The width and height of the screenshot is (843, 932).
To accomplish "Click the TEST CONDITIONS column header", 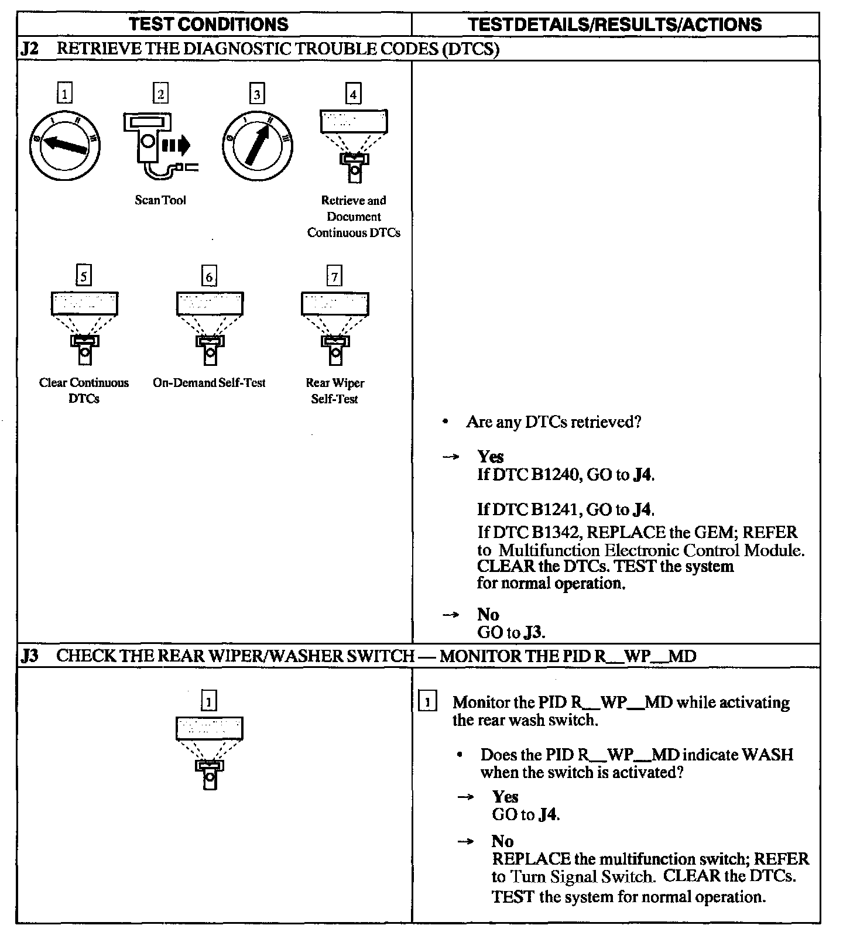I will pos(208,24).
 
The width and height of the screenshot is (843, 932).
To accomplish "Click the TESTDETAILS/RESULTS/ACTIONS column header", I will pos(615,24).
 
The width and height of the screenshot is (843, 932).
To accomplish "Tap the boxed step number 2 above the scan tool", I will pos(160,93).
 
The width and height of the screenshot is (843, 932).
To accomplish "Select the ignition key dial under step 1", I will pos(64,145).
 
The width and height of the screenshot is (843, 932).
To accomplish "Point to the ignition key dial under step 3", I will pos(257,145).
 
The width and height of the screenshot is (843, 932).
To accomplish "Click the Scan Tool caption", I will pos(160,200).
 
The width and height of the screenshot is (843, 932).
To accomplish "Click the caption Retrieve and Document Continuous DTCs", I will pos(354,217).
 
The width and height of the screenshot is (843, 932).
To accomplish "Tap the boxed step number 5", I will pos(84,276).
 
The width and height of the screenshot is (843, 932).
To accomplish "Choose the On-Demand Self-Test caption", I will pos(209,383).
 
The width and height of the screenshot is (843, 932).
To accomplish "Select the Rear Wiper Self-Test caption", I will pos(335,390).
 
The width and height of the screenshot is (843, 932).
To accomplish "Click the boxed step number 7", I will pos(334,276).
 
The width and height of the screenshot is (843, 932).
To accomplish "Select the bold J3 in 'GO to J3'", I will pos(534,633).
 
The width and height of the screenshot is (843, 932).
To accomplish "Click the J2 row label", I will pos(30,49).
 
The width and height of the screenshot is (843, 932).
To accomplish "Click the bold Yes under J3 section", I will pos(505,797).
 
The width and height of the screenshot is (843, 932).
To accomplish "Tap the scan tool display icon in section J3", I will pos(210,752).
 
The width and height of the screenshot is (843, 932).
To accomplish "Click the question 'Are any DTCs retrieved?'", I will pos(554,422).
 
